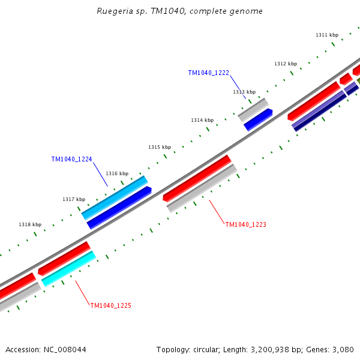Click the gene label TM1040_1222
(x=208, y=73)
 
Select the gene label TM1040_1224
(x=71, y=159)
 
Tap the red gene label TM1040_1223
(x=245, y=224)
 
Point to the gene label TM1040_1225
(x=110, y=305)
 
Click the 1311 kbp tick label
(x=327, y=35)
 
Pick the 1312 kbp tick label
(x=286, y=64)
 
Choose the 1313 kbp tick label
(x=244, y=92)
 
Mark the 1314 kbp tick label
(x=202, y=120)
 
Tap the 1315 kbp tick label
(x=160, y=147)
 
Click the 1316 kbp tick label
(x=117, y=173)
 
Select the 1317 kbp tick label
(x=74, y=199)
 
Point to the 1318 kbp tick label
(x=30, y=224)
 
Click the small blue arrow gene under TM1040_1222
(x=258, y=119)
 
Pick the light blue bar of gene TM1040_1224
(x=115, y=197)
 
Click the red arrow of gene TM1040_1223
(x=197, y=178)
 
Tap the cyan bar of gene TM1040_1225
(x=68, y=269)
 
